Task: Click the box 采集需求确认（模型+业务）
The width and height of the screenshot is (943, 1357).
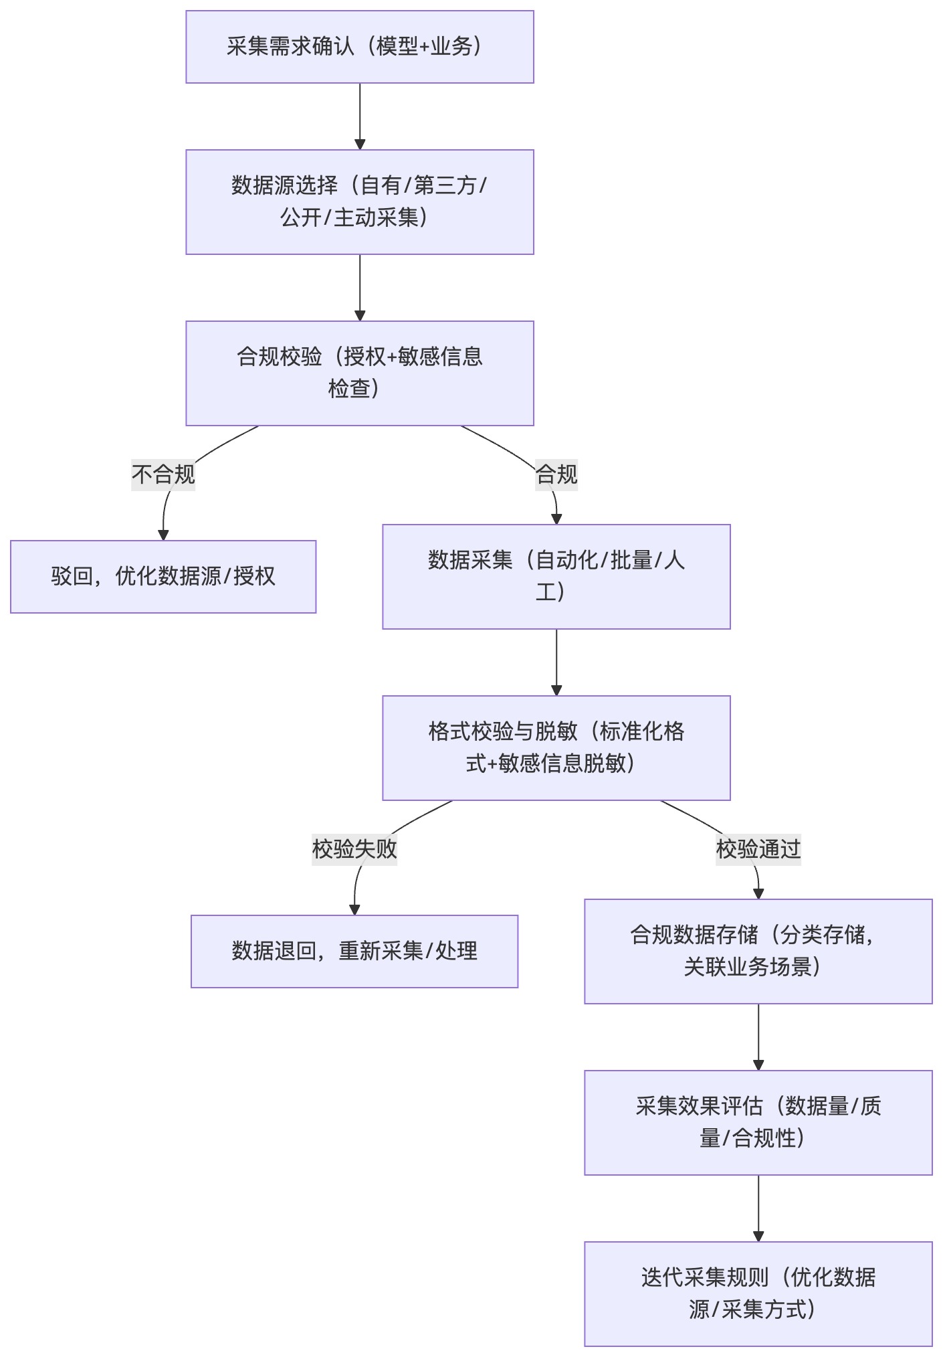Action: point(360,47)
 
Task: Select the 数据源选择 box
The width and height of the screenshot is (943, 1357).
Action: point(360,202)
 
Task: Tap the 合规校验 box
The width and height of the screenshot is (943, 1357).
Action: point(360,373)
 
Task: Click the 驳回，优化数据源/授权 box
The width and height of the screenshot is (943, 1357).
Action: point(163,577)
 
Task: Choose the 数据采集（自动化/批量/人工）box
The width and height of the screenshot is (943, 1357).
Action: point(556,577)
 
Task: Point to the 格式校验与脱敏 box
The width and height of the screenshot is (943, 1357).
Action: point(556,748)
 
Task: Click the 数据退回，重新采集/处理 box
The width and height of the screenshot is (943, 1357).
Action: point(354,952)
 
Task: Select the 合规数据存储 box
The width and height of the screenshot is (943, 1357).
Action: point(758,952)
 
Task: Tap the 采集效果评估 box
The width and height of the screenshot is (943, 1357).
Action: point(758,1123)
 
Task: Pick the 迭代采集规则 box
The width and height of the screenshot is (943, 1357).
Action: point(758,1294)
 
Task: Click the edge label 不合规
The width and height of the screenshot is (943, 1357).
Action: point(163,474)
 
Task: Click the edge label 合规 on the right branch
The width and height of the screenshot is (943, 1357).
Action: point(556,474)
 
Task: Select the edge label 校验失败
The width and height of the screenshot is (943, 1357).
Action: point(354,849)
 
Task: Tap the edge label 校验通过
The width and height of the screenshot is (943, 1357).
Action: point(758,849)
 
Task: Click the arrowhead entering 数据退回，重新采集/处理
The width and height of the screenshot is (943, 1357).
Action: point(354,909)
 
